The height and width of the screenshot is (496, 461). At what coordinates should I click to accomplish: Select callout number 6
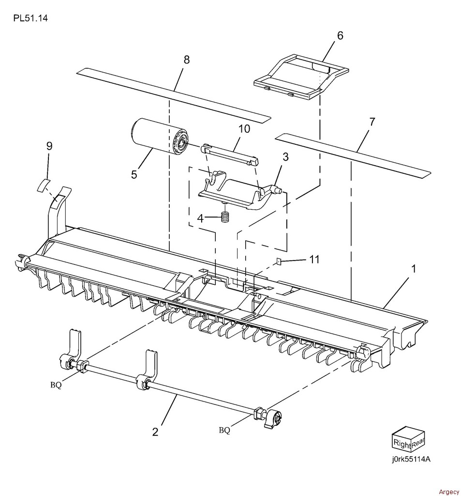point(340,35)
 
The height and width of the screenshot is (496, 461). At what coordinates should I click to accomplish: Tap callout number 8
point(186,60)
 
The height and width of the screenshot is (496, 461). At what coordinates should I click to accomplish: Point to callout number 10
point(243,129)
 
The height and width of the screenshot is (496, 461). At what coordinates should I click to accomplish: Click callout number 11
point(314,260)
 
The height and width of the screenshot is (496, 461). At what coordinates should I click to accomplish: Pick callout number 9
point(49,146)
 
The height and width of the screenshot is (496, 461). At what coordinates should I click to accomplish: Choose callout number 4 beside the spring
point(200,217)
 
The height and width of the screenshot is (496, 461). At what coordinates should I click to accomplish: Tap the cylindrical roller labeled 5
point(156,137)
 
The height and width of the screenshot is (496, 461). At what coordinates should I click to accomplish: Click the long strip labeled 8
point(173,95)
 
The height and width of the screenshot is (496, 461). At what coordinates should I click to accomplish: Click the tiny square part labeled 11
point(279,262)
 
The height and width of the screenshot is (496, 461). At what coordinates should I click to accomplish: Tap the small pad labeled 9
point(44,185)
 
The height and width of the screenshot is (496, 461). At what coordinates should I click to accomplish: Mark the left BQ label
point(56,385)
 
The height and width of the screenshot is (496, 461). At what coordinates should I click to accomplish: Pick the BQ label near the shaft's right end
point(224,429)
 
